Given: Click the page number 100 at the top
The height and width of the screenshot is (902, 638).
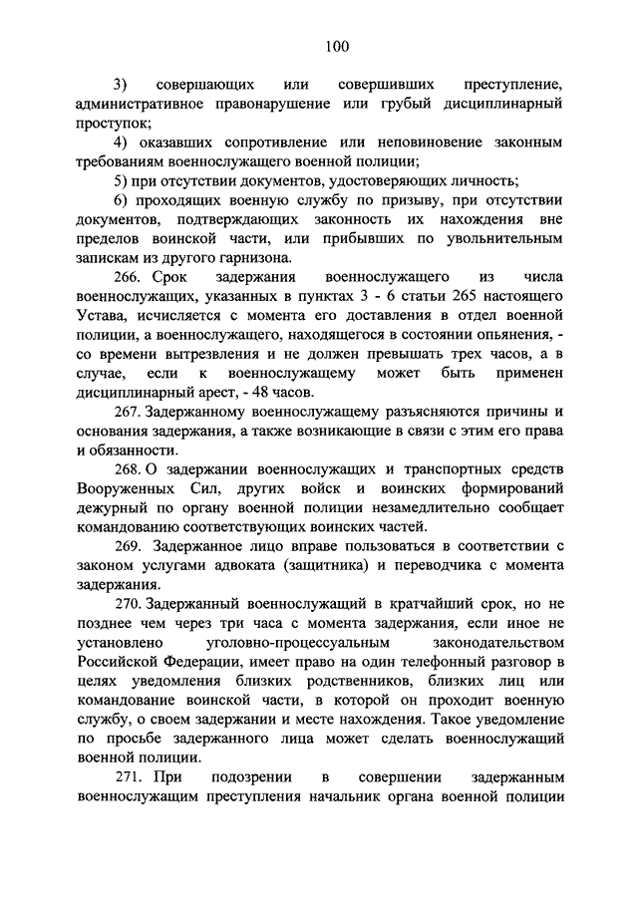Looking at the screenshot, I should [x=336, y=44].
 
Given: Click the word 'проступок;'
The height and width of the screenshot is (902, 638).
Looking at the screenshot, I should [x=114, y=123].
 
